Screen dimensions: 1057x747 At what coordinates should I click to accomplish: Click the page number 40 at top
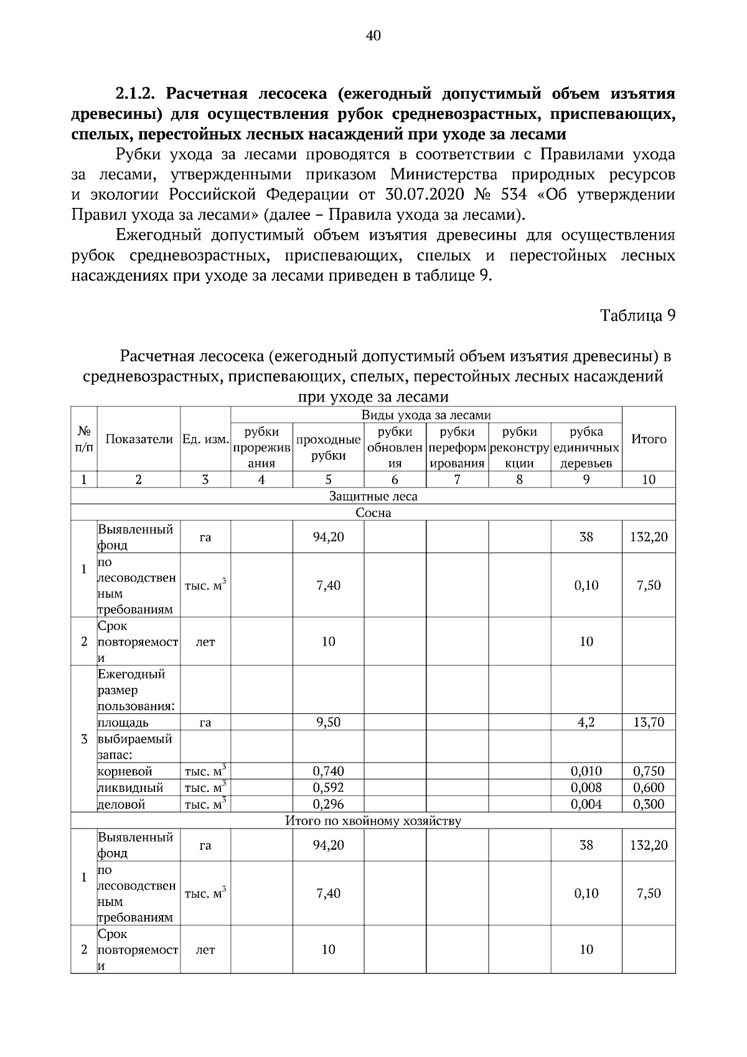tap(374, 35)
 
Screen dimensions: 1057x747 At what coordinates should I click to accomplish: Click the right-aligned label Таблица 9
tap(637, 315)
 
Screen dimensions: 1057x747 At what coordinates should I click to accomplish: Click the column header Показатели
tap(138, 439)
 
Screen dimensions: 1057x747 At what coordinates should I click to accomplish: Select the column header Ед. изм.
tap(205, 439)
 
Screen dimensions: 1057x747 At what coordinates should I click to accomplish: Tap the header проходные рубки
tap(328, 448)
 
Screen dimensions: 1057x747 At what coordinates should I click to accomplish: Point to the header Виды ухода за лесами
tap(426, 415)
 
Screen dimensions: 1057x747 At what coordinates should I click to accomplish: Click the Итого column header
tap(649, 439)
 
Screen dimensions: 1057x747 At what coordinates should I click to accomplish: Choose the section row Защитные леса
tap(373, 496)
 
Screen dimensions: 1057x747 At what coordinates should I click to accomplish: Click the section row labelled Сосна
tap(373, 513)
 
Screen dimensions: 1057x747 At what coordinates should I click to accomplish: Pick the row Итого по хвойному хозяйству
tap(373, 820)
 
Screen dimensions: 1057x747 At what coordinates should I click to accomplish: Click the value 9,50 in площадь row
tap(328, 722)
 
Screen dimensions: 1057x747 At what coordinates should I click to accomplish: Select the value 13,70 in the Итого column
tap(649, 722)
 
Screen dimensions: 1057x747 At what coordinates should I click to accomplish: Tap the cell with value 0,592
tap(328, 787)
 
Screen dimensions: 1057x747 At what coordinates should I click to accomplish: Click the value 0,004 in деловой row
tap(586, 804)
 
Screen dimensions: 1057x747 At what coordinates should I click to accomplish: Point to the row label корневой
tap(125, 771)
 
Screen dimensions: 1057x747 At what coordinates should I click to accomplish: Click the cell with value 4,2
tap(586, 722)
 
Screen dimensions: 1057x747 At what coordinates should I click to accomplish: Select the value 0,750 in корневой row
tap(649, 771)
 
